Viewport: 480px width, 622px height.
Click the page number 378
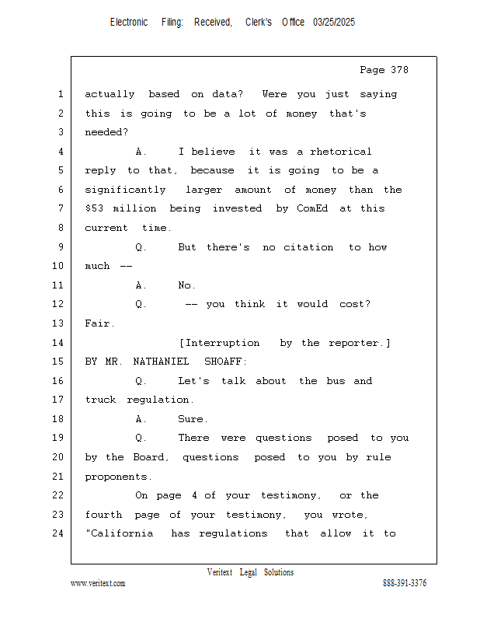coord(399,70)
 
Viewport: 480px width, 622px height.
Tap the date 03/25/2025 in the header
coord(334,23)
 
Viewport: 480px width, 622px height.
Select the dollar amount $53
coord(94,208)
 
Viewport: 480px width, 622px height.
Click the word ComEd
coord(312,208)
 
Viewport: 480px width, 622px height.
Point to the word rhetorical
coord(341,152)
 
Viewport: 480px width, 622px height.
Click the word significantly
coord(125,190)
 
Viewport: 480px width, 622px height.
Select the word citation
coord(308,247)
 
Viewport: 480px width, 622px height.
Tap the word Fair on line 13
coord(99,323)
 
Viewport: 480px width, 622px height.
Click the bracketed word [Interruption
coord(220,343)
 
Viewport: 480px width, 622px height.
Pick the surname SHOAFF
coord(225,362)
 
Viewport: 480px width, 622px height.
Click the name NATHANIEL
coord(161,362)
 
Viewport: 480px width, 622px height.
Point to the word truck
coord(101,400)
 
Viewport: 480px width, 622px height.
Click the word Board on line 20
coord(151,457)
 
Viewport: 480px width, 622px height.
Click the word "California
coord(120,533)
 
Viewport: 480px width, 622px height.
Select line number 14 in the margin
coord(58,342)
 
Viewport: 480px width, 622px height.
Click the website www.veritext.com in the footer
coord(98,583)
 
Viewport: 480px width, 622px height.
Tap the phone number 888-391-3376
coord(405,582)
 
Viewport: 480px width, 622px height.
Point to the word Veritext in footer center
coord(220,572)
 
